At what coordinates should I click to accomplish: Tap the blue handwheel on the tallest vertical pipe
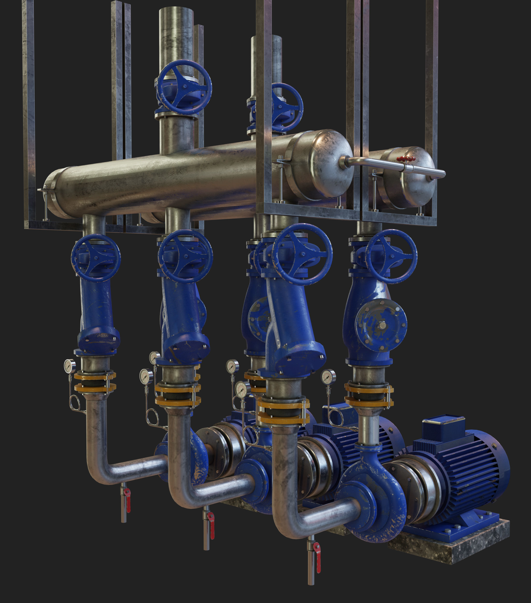pyautogui.click(x=184, y=87)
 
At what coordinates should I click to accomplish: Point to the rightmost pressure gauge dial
pyautogui.click(x=328, y=377)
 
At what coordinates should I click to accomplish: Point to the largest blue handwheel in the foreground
pyautogui.click(x=301, y=254)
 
